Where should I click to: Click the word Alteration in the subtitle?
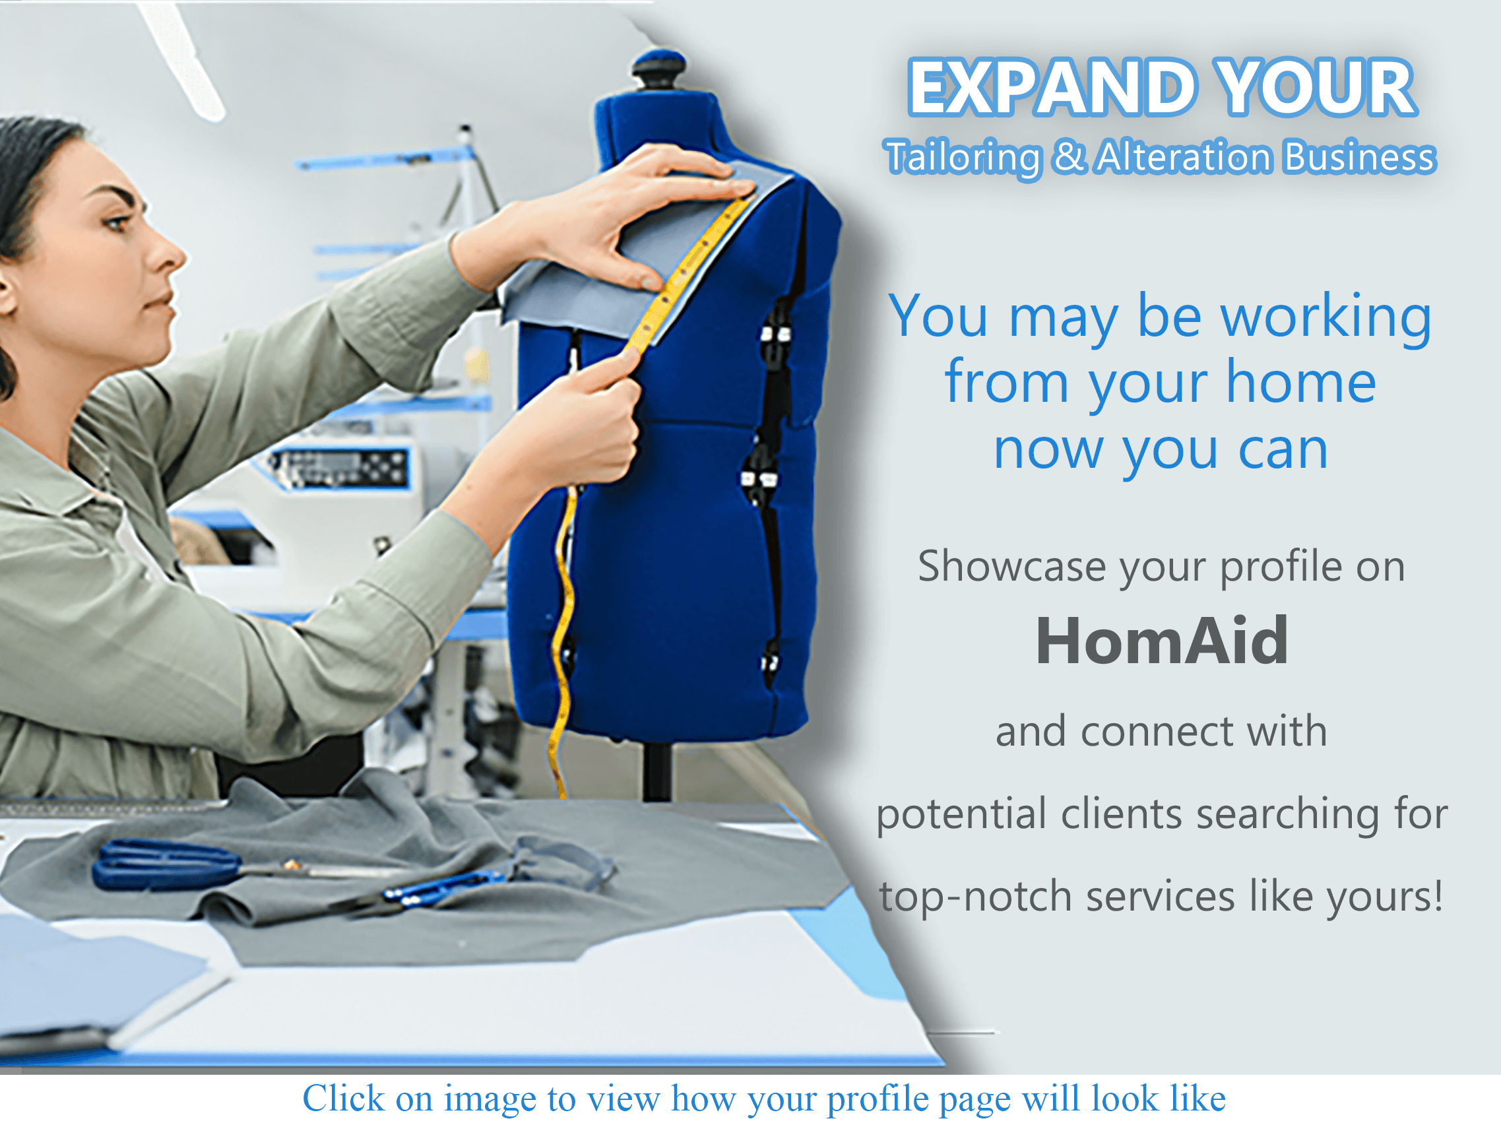1184,157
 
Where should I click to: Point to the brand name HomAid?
1161,641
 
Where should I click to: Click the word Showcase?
1011,566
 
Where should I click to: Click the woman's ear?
5,292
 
